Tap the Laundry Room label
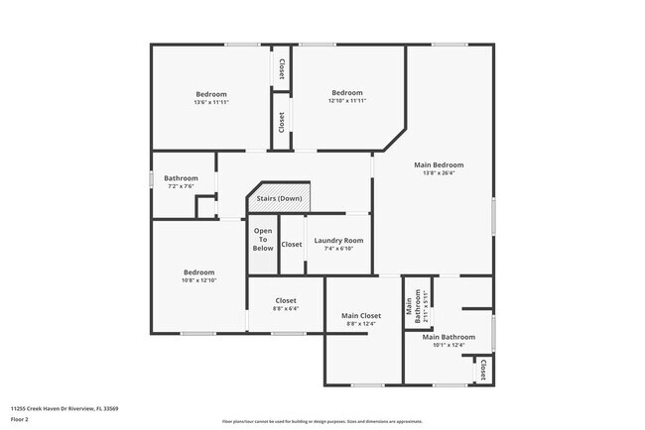(x=338, y=241)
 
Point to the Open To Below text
(x=262, y=239)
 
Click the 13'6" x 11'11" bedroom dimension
(x=211, y=102)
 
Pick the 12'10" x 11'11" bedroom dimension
(x=347, y=101)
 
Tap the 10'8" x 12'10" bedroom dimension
(x=198, y=280)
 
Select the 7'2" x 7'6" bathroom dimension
(x=180, y=186)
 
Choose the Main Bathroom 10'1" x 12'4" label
(x=449, y=337)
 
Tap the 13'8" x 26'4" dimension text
(x=439, y=173)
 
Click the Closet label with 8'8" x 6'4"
(x=286, y=300)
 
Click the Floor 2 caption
(x=20, y=419)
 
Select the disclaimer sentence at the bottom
(x=322, y=421)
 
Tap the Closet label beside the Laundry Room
(x=292, y=245)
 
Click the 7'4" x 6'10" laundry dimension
(x=338, y=249)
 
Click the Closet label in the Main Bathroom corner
(x=483, y=370)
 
